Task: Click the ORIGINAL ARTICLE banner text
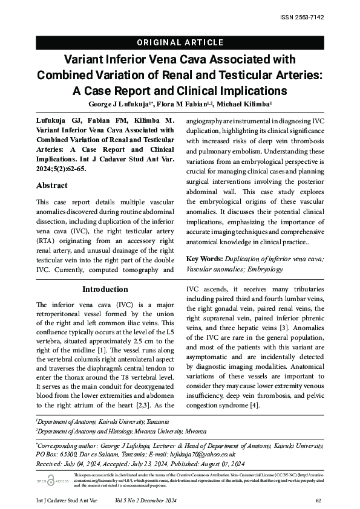click(x=180, y=43)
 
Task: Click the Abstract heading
click(x=52, y=186)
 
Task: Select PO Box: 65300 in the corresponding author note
click(x=55, y=454)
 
